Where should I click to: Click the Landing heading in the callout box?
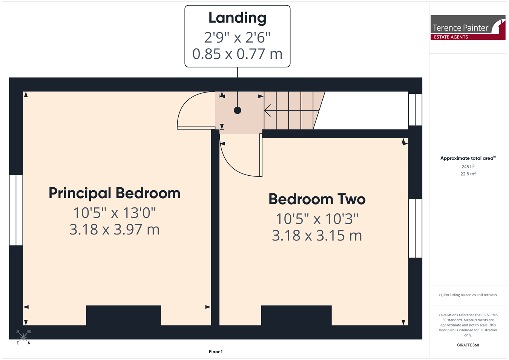click(237, 18)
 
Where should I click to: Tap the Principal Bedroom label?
click(115, 193)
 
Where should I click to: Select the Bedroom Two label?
click(317, 199)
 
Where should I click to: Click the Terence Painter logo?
click(468, 27)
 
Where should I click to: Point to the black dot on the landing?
click(238, 110)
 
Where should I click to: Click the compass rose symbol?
click(23, 337)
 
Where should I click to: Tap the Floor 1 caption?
click(216, 352)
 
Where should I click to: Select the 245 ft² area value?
click(468, 167)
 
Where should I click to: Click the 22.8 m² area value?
click(468, 174)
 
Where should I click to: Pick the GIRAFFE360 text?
click(468, 345)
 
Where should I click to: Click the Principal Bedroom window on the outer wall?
click(16, 210)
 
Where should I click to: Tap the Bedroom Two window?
click(415, 228)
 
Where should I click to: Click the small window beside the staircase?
click(415, 109)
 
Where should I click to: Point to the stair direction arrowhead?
click(267, 110)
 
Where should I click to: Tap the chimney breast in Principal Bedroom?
click(123, 315)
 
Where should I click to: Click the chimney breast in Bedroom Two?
click(296, 315)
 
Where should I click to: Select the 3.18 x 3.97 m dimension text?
click(115, 230)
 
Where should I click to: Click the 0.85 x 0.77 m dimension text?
click(237, 54)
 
